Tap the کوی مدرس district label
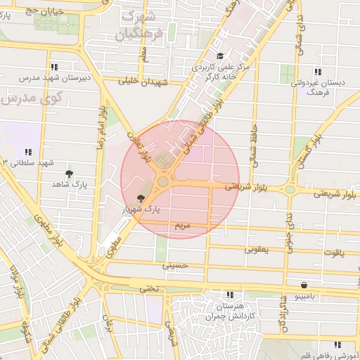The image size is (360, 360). (28, 98)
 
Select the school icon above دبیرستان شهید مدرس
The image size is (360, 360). (54, 67)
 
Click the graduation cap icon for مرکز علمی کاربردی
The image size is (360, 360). (219, 56)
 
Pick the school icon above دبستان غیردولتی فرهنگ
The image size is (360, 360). (318, 72)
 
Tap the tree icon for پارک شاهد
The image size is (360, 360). (68, 173)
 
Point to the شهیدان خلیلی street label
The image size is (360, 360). (143, 82)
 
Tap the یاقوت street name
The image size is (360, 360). (333, 251)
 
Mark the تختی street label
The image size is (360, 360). (149, 288)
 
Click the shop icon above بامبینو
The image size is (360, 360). (304, 285)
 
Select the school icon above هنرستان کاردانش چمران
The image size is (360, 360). (229, 295)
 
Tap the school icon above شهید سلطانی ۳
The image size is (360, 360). (29, 151)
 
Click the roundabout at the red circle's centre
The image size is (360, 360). (163, 181)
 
